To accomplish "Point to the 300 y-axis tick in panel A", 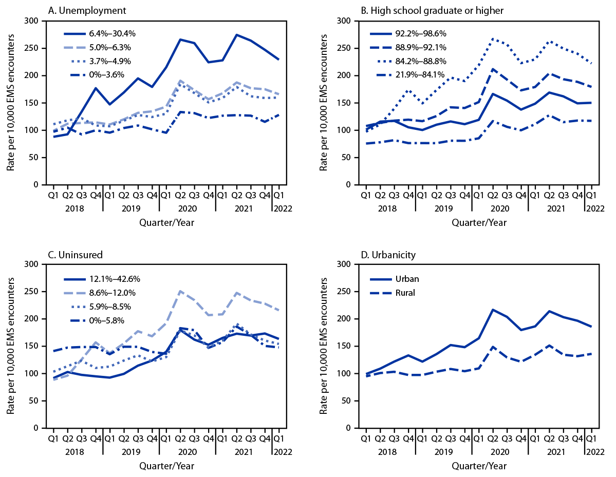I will coord(35,21).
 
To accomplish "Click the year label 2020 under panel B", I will coord(499,209).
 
